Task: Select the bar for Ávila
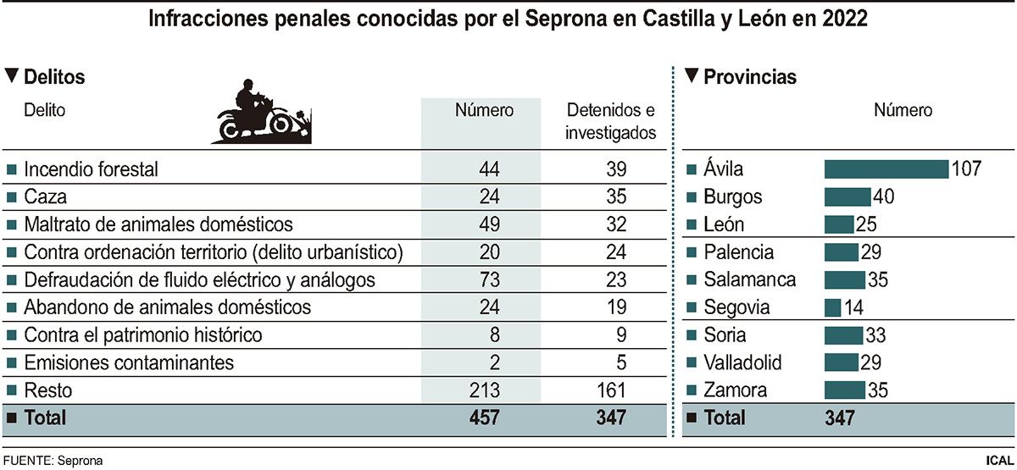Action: click(886, 169)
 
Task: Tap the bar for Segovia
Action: click(832, 307)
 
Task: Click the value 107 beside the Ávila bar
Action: click(965, 169)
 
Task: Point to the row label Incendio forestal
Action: click(91, 169)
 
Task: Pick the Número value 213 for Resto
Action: click(484, 390)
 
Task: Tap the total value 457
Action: click(484, 417)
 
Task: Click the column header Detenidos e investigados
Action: click(610, 121)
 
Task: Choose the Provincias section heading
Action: click(750, 77)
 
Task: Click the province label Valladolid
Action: click(742, 363)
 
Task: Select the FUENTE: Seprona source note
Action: click(55, 461)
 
